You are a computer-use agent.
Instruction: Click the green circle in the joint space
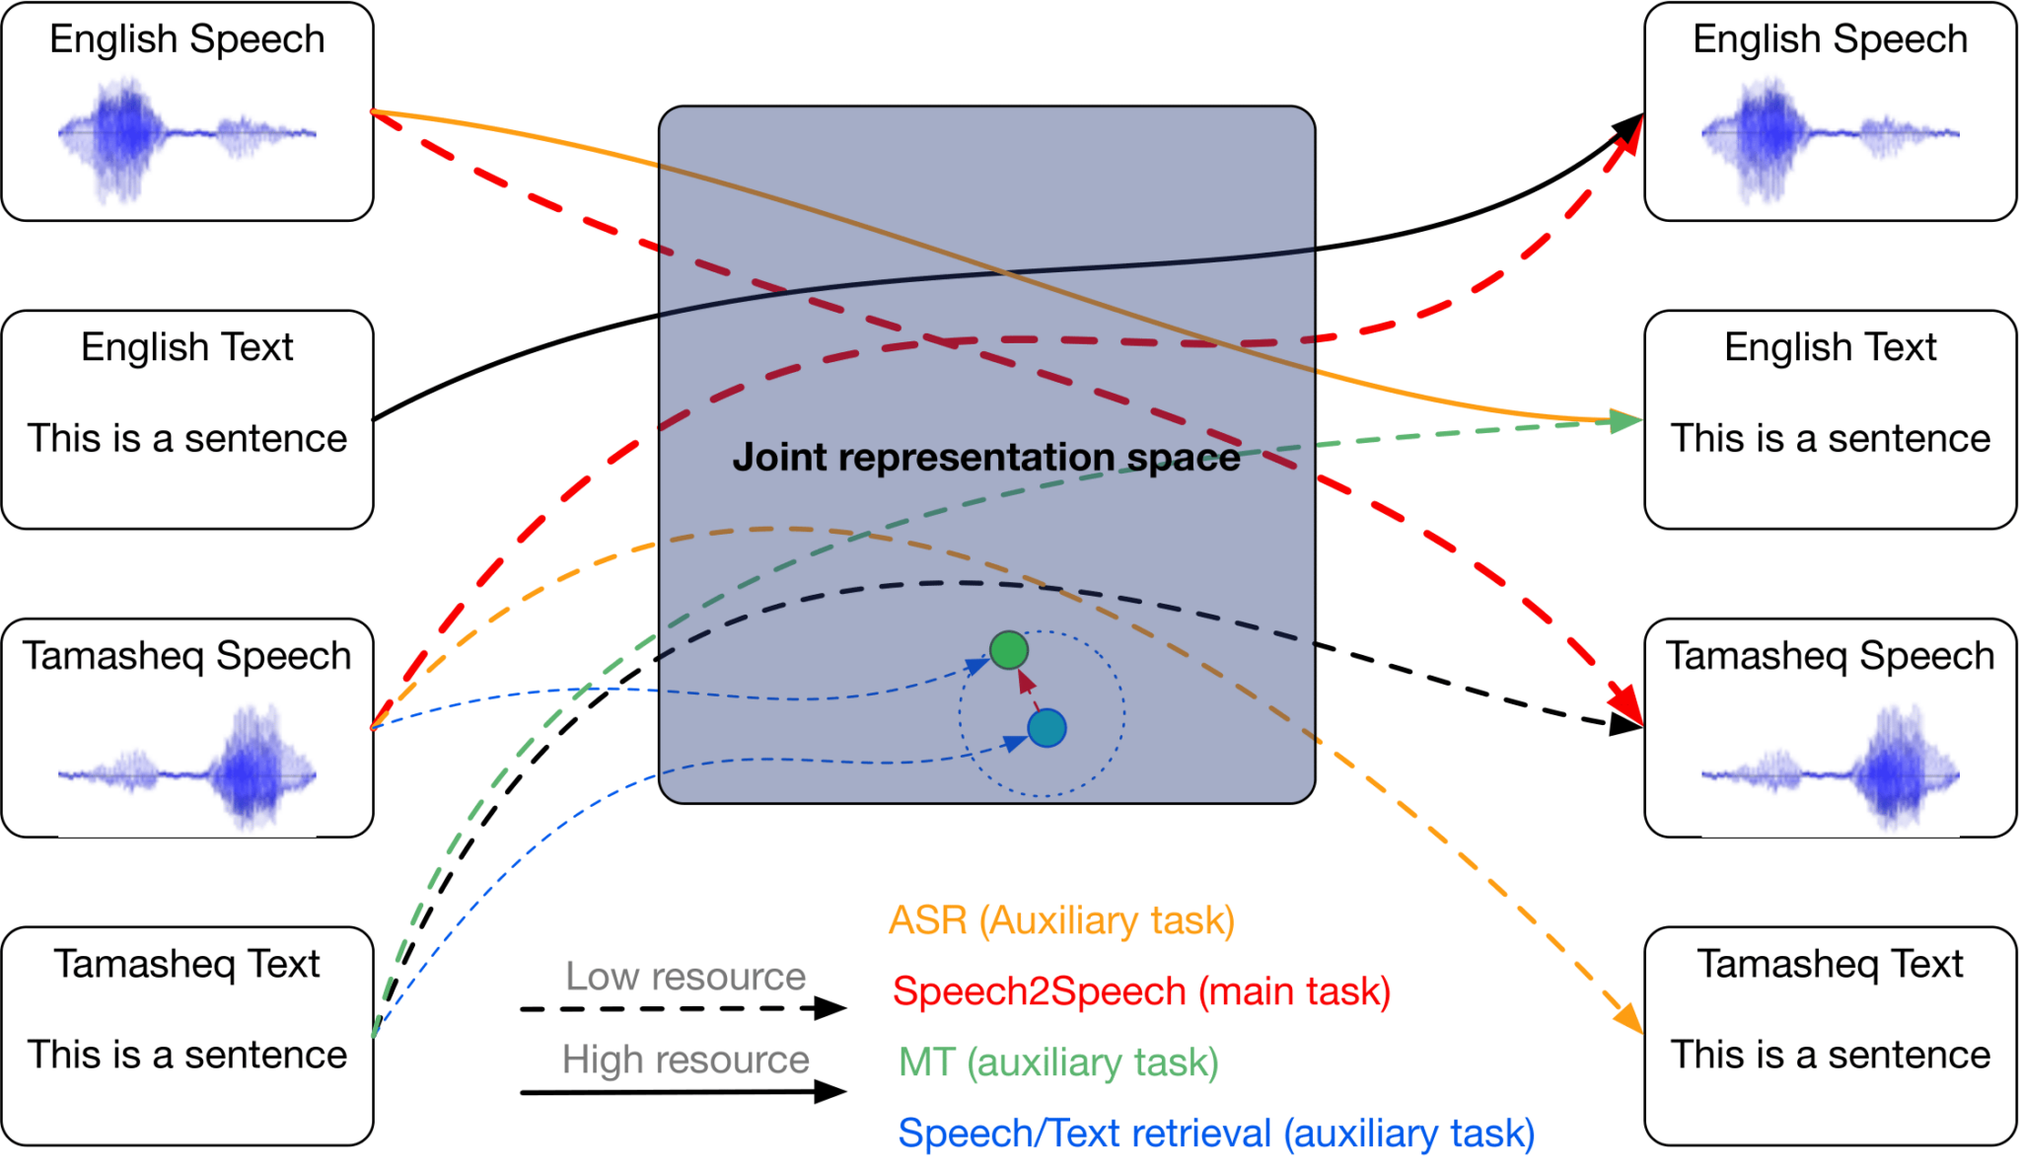(x=1008, y=650)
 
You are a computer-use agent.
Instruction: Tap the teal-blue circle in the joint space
(x=1046, y=728)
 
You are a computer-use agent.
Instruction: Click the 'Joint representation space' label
(x=985, y=458)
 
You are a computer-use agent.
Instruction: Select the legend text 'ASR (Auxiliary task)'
(x=1061, y=920)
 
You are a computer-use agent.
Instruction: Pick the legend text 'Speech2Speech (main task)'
(x=1141, y=991)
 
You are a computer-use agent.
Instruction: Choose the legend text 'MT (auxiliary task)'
(x=1058, y=1062)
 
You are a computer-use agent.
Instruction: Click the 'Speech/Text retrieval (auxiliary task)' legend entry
(x=1216, y=1133)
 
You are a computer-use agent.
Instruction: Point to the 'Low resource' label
(x=685, y=977)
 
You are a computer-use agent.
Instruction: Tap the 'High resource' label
(x=685, y=1059)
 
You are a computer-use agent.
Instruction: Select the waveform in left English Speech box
(x=186, y=133)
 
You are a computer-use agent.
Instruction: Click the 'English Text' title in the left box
(x=186, y=347)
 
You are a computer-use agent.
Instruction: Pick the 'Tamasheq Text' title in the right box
(x=1830, y=964)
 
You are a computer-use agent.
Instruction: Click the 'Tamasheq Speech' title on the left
(x=186, y=656)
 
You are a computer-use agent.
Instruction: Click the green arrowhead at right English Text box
(x=1625, y=421)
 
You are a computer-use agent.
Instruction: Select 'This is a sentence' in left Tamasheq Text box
(x=186, y=1055)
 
